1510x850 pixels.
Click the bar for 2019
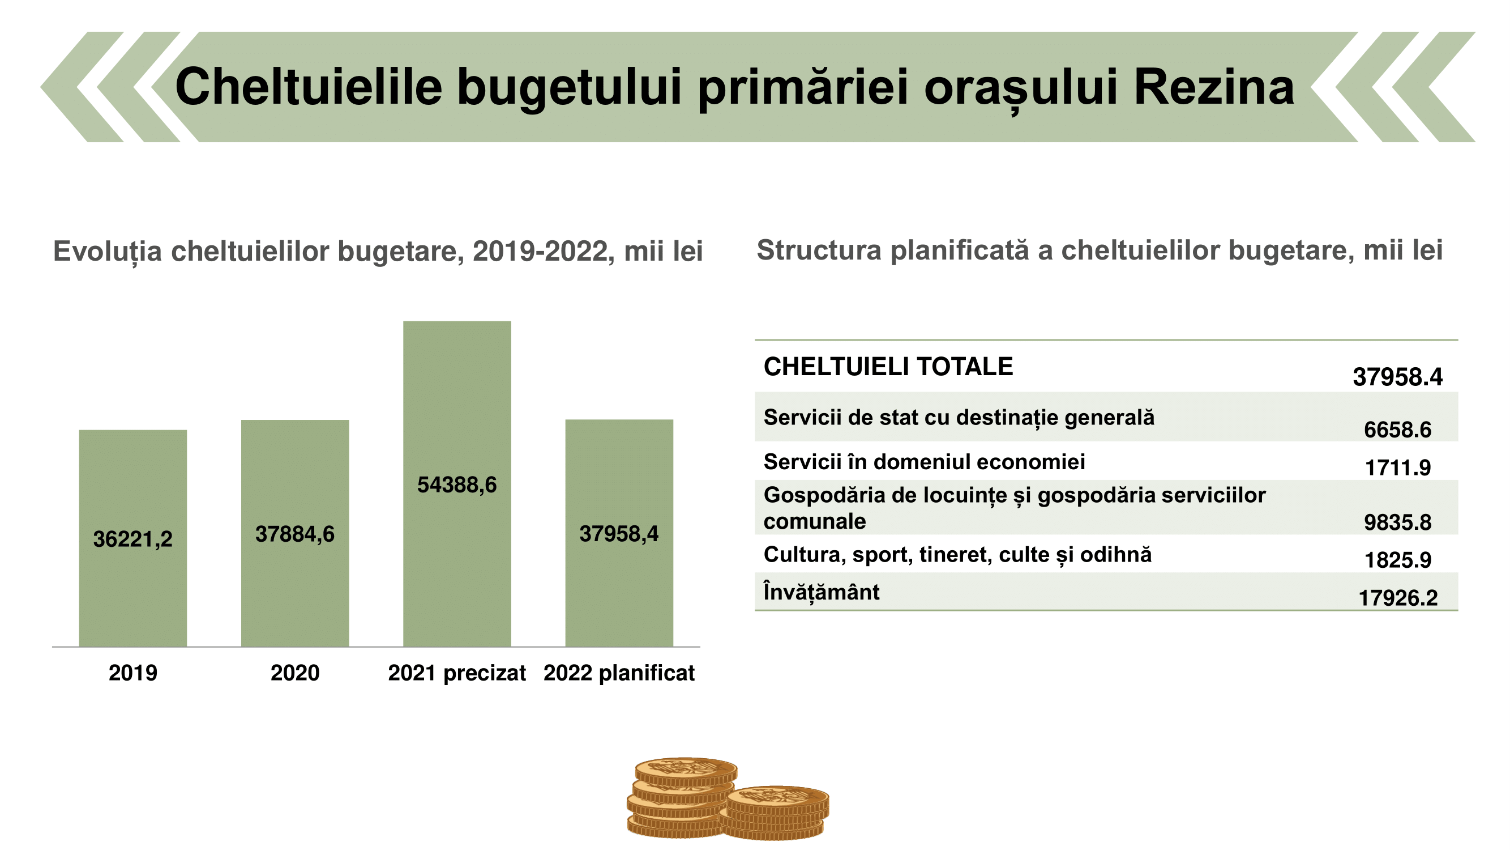pos(133,538)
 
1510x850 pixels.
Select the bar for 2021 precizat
pos(457,483)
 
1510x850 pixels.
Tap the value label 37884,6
pos(295,534)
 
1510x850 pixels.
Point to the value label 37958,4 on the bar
pos(619,534)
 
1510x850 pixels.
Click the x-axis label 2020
pos(295,672)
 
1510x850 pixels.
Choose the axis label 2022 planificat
pos(619,673)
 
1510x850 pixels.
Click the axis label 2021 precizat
pos(457,673)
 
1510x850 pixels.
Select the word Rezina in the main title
pos(1214,87)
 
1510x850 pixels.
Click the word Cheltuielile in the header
pos(309,87)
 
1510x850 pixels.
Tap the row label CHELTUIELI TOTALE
pos(888,367)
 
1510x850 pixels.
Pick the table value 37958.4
pos(1397,377)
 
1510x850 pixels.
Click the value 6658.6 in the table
pos(1397,430)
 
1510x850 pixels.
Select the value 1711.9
pos(1397,467)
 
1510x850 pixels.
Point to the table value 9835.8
pos(1397,522)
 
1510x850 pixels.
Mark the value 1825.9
pos(1397,560)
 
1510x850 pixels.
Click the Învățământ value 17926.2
pos(1397,598)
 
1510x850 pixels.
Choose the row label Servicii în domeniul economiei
pos(924,462)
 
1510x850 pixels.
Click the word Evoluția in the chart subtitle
pos(107,252)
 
